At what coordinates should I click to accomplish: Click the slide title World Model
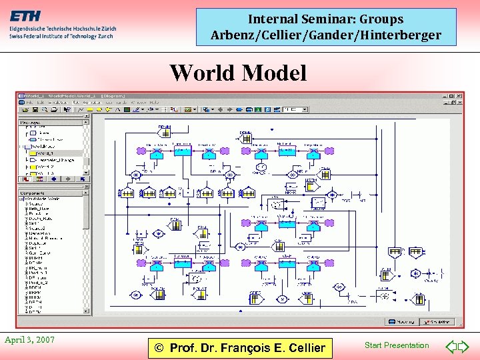click(x=238, y=73)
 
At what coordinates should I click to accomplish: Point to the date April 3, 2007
click(x=29, y=340)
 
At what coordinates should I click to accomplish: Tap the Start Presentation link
click(x=397, y=345)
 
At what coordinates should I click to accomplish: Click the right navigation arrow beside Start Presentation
click(x=464, y=346)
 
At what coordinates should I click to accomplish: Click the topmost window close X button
click(x=460, y=96)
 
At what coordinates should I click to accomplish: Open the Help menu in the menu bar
click(x=154, y=103)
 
